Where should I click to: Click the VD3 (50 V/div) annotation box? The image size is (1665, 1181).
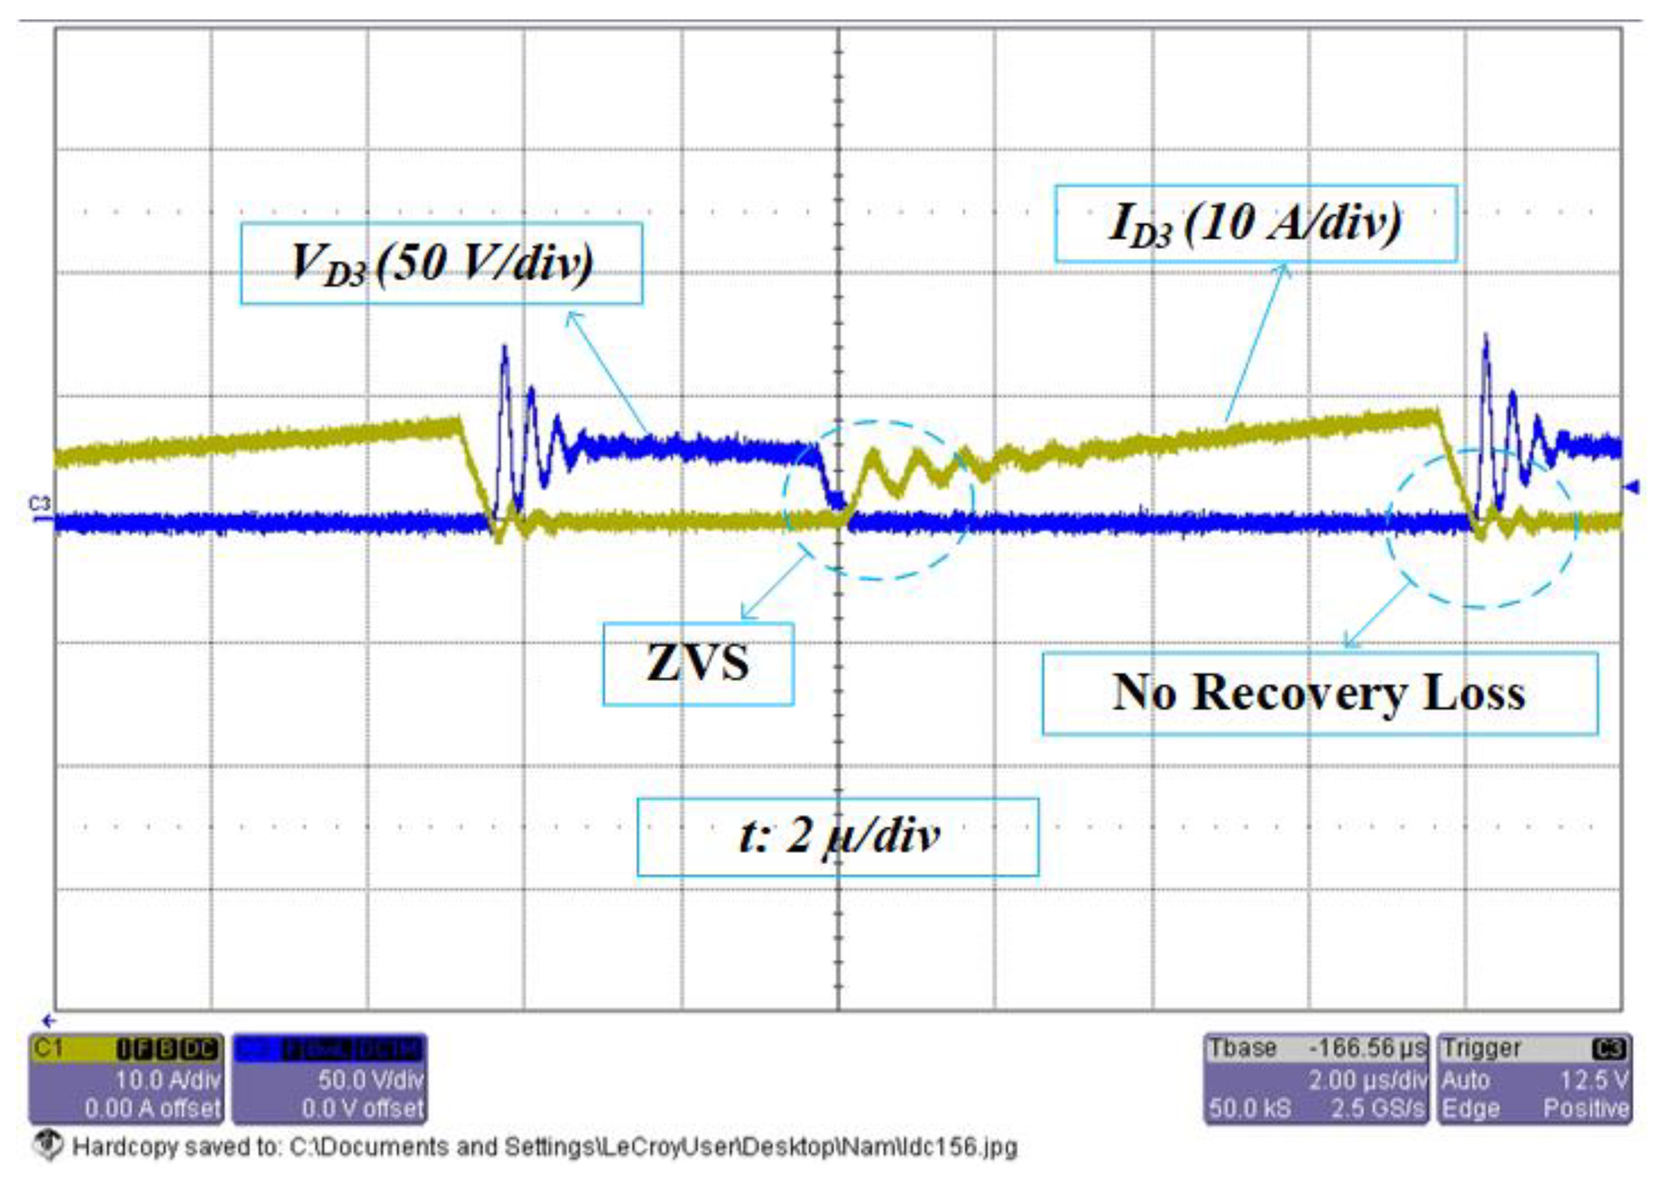pos(441,264)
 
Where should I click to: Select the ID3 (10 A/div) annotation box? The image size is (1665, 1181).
pos(1255,223)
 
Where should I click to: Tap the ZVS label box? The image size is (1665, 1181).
pos(698,664)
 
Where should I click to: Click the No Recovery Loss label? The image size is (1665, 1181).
pos(1320,693)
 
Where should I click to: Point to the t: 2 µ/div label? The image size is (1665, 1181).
pos(837,837)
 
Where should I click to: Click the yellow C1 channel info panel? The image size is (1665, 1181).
pos(125,1078)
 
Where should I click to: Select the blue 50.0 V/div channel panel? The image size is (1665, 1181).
pos(329,1078)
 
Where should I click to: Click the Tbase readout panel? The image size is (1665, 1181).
pos(1316,1078)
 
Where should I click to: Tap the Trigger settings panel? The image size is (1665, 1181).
pos(1534,1078)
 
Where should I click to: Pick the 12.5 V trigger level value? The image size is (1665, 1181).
pos(1593,1080)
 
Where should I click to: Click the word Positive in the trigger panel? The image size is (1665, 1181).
pos(1586,1108)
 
